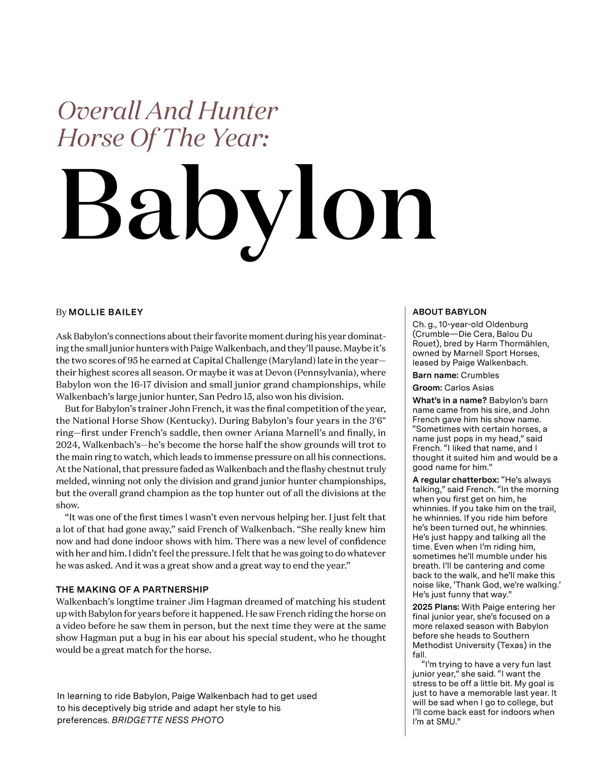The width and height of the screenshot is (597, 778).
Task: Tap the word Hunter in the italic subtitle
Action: click(238, 110)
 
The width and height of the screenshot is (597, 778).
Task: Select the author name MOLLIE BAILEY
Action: click(105, 312)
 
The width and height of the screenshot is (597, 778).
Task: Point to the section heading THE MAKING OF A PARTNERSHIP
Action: click(132, 589)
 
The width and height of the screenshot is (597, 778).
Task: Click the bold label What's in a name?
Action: click(449, 400)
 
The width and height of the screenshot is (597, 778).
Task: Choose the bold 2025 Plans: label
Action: click(436, 607)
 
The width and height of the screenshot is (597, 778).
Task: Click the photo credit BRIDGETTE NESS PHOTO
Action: click(168, 720)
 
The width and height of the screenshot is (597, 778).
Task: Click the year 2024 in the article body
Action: click(67, 445)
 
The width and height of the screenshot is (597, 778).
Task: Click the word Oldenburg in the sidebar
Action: click(490, 324)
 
